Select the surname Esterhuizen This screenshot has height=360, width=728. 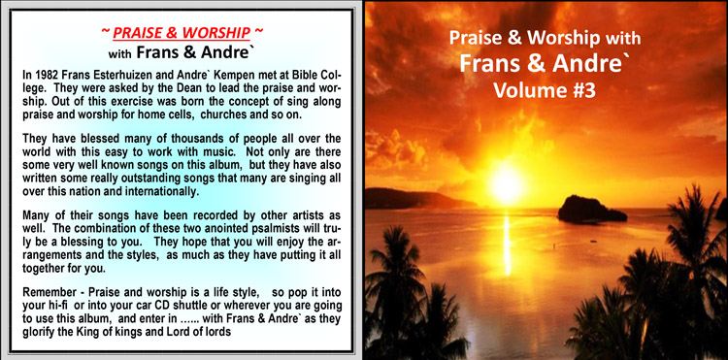click(x=114, y=76)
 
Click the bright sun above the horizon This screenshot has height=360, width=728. click(x=506, y=184)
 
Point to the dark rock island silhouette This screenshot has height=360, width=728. click(x=591, y=210)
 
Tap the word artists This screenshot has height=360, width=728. click(x=307, y=216)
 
